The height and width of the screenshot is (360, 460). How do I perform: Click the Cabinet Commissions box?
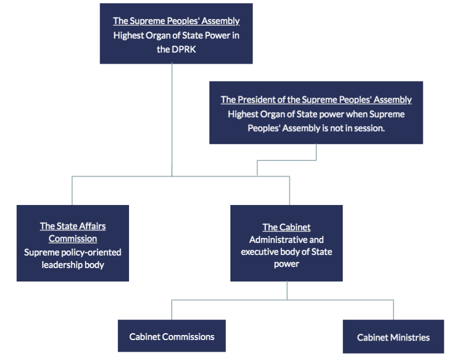coord(171,336)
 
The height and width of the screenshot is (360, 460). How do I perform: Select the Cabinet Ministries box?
coord(393,336)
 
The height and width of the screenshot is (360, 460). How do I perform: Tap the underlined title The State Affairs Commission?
coord(73,232)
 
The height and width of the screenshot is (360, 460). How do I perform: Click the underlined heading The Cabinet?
coord(286,227)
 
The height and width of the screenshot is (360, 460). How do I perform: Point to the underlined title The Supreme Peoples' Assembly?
coord(176,21)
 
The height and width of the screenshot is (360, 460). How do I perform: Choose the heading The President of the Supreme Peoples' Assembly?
coord(316,99)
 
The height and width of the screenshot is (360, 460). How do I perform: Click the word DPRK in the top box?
coord(184,49)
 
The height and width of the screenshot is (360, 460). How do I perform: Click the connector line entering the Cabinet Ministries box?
coord(393,310)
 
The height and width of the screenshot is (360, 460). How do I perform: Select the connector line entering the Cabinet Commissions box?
coord(172,310)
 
